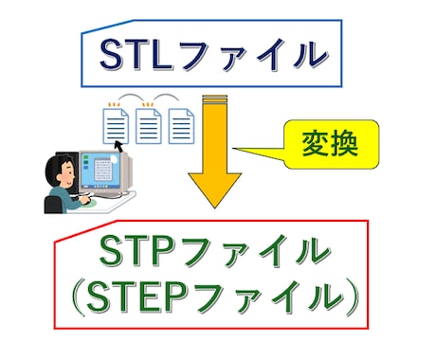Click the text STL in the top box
tap(137, 52)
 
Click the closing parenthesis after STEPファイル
tap(349, 299)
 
